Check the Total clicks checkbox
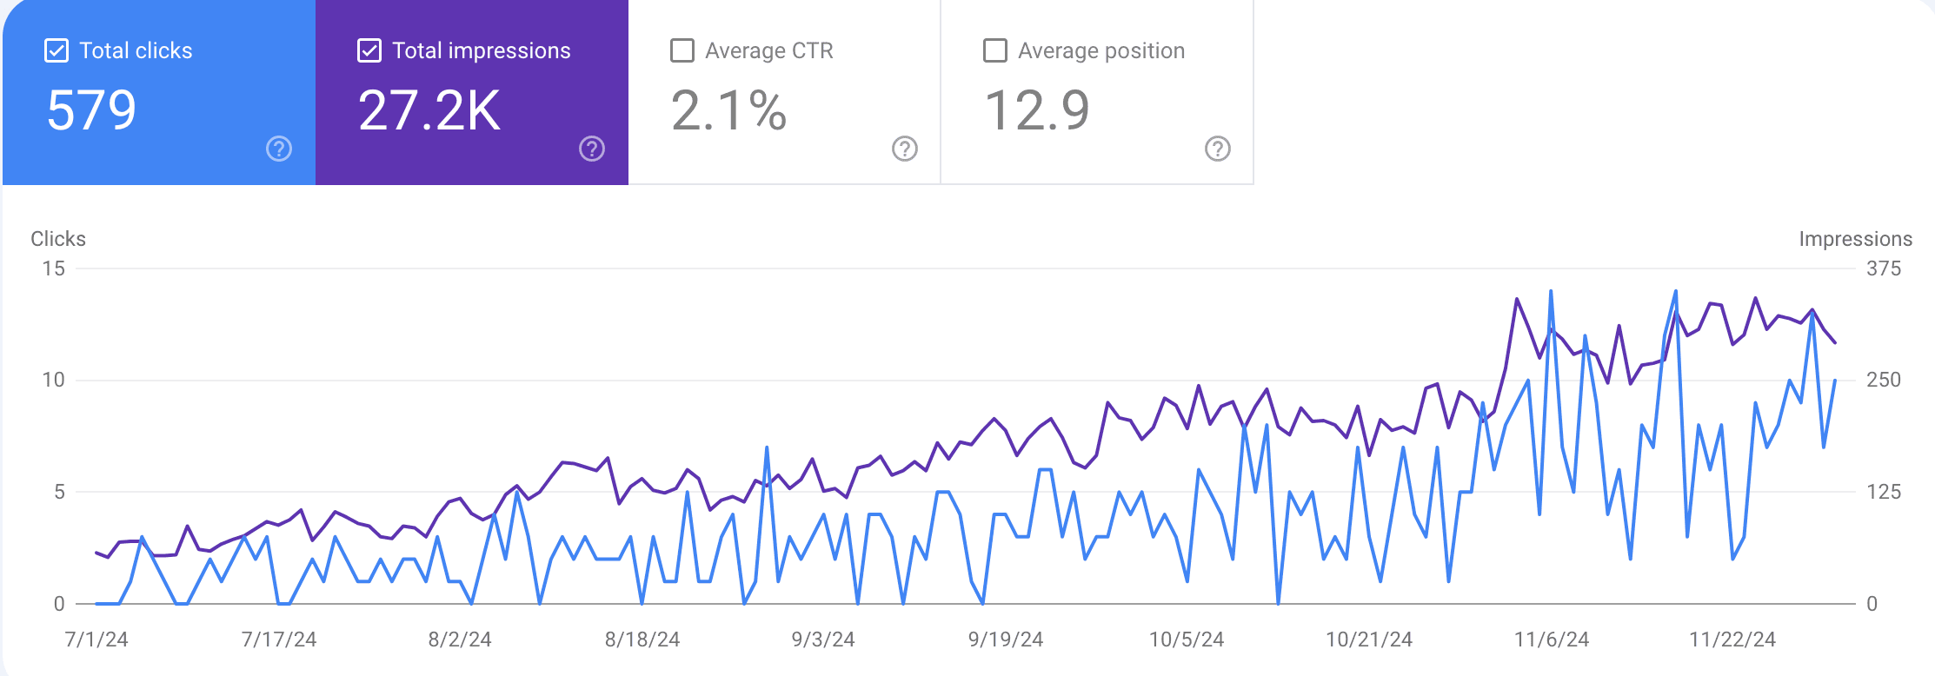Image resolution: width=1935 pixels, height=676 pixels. [57, 50]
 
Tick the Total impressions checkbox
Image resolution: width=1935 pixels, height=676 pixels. [369, 50]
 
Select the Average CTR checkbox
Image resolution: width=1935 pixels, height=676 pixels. [682, 50]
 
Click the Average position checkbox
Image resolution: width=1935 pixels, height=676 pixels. [995, 50]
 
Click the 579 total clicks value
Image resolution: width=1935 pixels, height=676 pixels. [91, 110]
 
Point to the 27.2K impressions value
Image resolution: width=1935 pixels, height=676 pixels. [429, 110]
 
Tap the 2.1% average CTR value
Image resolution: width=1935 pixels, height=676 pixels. [728, 110]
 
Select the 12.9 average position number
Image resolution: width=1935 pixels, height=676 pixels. [1036, 110]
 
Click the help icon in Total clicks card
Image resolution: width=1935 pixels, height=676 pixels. [279, 149]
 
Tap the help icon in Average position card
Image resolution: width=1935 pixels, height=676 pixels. [1218, 149]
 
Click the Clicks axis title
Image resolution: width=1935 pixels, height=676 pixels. [58, 239]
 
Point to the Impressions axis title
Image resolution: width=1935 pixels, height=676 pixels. [1855, 239]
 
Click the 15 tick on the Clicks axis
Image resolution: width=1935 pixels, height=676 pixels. [54, 268]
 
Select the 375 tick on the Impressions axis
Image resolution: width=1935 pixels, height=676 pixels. [1884, 268]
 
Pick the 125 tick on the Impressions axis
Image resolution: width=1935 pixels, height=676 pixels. [1884, 492]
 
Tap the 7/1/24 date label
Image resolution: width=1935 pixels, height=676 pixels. [96, 640]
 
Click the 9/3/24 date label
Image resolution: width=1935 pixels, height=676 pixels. [823, 640]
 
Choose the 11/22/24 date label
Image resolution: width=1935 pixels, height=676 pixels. [1732, 640]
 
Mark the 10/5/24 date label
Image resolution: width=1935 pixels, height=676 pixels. [1187, 640]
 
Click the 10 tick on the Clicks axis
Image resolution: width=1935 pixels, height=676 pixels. [54, 380]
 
